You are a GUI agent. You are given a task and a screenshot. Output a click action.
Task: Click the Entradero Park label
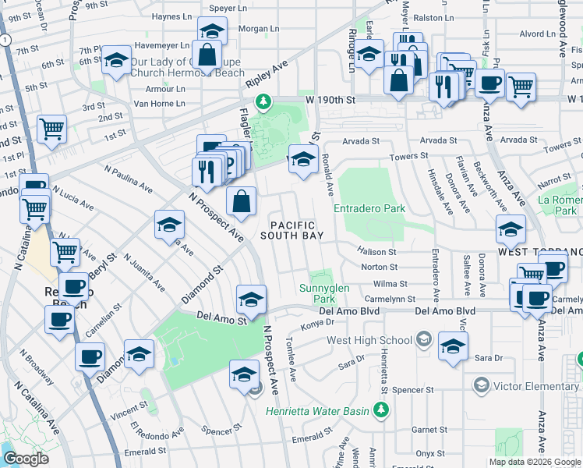(369, 209)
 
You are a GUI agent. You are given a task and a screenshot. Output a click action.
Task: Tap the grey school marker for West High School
(423, 339)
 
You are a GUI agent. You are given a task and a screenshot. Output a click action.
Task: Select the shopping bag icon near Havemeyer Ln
(208, 55)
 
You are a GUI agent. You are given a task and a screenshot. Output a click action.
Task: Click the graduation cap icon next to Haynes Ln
(210, 33)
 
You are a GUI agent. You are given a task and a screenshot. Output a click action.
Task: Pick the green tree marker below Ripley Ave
(264, 101)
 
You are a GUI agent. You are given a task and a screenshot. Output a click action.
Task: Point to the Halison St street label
(377, 252)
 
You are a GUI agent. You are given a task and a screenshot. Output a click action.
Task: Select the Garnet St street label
(429, 430)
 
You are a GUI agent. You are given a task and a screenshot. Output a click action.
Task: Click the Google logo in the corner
(26, 459)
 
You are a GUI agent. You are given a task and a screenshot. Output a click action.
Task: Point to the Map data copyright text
(535, 462)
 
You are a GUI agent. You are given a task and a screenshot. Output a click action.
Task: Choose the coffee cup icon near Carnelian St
(89, 356)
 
